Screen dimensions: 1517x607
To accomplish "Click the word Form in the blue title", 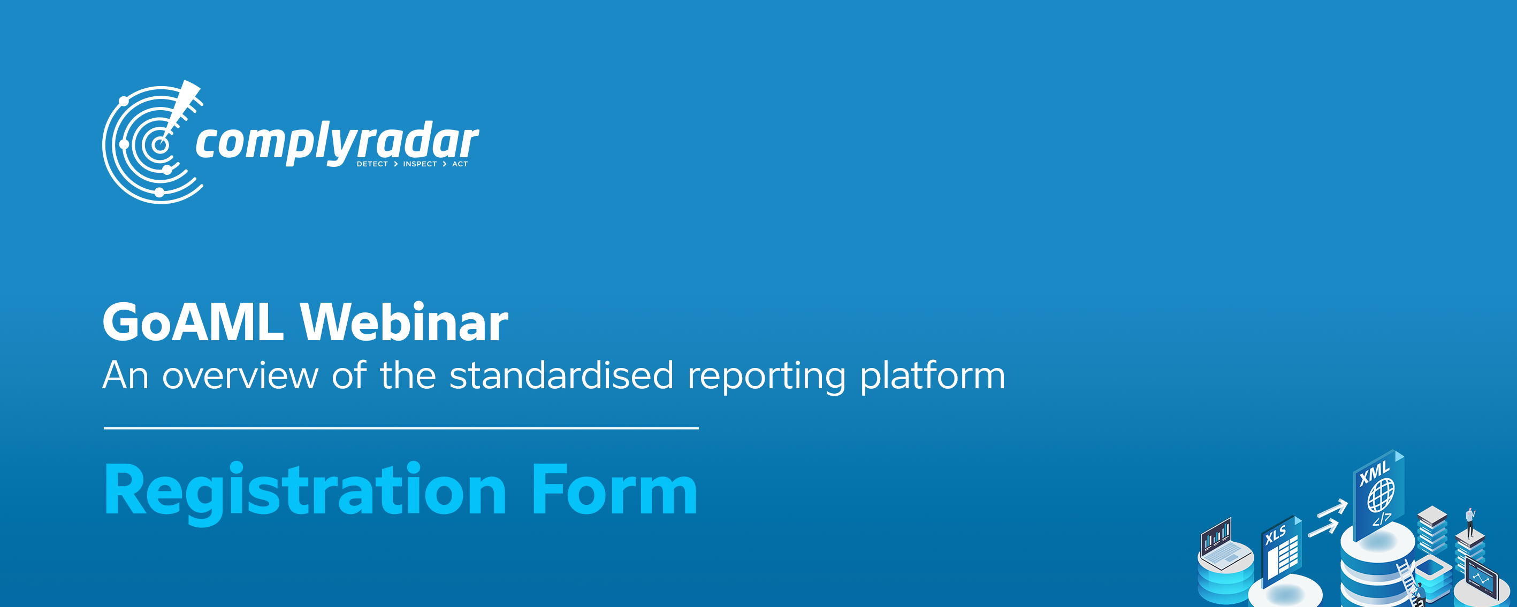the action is tap(614, 489).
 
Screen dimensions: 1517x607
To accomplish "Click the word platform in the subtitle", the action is tap(933, 376).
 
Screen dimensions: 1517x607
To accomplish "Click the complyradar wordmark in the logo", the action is tap(337, 143).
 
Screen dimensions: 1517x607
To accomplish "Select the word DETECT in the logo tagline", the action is tap(372, 164).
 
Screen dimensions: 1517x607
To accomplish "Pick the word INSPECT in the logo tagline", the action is tap(420, 164).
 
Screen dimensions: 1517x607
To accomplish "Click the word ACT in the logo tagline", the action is tap(460, 164).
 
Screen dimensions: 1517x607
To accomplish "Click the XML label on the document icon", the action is tap(1375, 473).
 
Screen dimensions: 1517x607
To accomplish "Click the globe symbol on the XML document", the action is tap(1381, 495).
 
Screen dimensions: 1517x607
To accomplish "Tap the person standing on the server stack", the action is tap(1470, 521).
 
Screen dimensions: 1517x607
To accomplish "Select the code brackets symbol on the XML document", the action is tap(1382, 519).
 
